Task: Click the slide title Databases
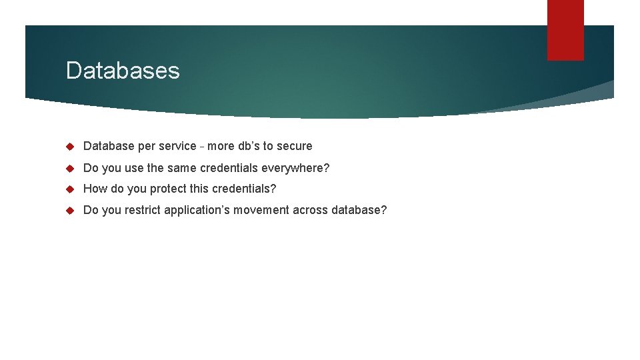point(123,70)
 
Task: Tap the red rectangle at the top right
point(565,30)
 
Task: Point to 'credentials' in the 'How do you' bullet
point(241,189)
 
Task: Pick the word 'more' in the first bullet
point(221,146)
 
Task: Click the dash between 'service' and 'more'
point(202,147)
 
